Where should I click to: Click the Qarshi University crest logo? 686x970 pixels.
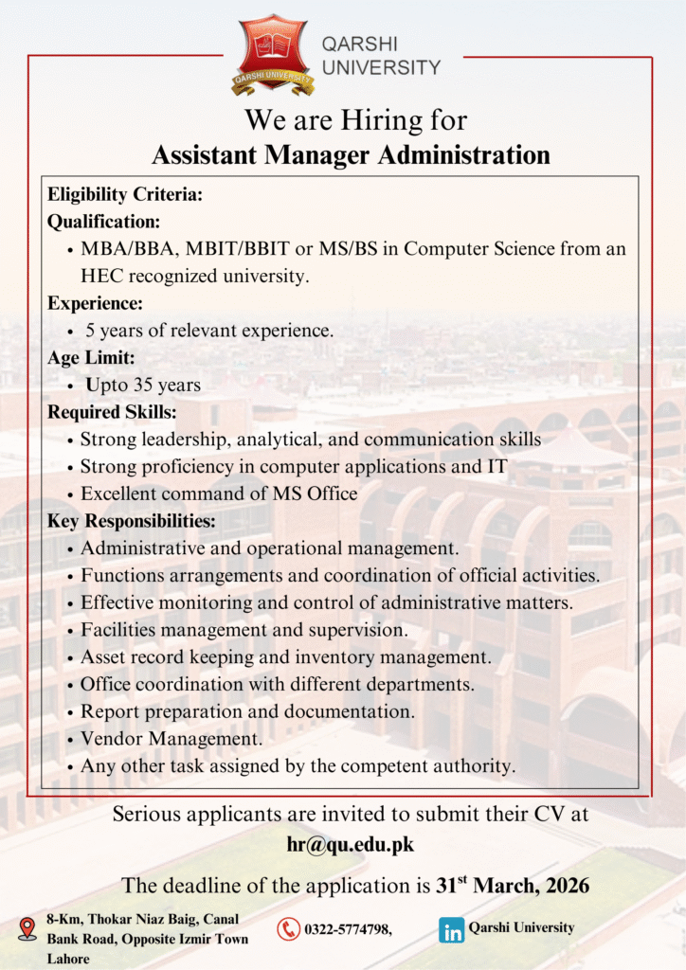(x=273, y=54)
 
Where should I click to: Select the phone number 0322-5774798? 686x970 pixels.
(x=346, y=929)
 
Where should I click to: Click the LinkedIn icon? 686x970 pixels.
(x=452, y=929)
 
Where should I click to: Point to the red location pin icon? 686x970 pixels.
(x=27, y=928)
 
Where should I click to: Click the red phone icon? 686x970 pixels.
(x=288, y=929)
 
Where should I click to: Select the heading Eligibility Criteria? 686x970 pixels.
(x=125, y=195)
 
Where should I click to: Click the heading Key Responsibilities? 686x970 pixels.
(x=132, y=521)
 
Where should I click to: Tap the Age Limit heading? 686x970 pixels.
(x=91, y=358)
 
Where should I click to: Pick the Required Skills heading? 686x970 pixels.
(x=112, y=412)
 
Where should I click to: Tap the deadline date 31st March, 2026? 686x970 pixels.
(x=513, y=886)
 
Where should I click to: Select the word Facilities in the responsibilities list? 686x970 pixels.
(x=118, y=629)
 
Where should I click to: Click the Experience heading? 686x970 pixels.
(x=95, y=304)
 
